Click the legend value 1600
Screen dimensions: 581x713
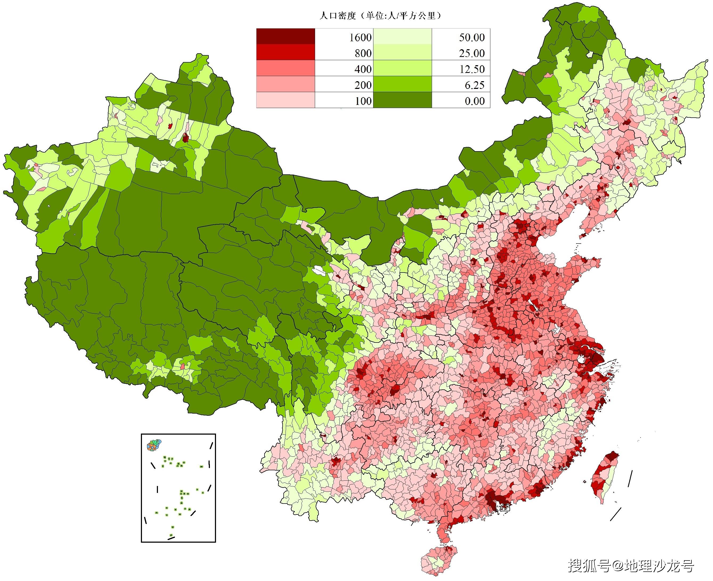pyautogui.click(x=360, y=38)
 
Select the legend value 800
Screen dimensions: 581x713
pyautogui.click(x=363, y=53)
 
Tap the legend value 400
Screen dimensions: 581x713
pyautogui.click(x=363, y=69)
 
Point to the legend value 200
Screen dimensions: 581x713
pyautogui.click(x=363, y=85)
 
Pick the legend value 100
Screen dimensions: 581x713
pyautogui.click(x=363, y=101)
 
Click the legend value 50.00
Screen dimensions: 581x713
pyautogui.click(x=471, y=38)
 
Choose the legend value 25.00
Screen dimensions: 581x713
pyautogui.click(x=471, y=53)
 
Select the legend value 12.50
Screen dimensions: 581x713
pyautogui.click(x=471, y=69)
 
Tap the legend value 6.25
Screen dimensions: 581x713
pyautogui.click(x=474, y=85)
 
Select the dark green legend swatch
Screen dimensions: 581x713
pyautogui.click(x=402, y=100)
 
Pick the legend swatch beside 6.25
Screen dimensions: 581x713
pyautogui.click(x=402, y=84)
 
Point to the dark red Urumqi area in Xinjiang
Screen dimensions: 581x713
pyautogui.click(x=185, y=138)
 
